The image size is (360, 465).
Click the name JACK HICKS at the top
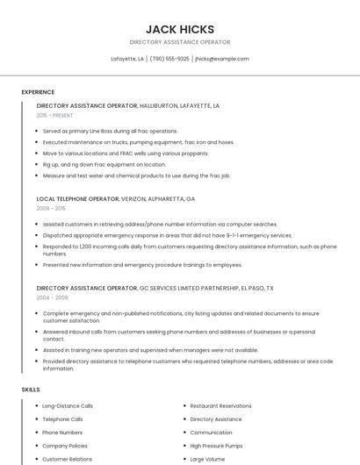[x=179, y=29]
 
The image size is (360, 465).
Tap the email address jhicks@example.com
[x=222, y=59]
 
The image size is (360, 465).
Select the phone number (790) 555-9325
[x=169, y=59]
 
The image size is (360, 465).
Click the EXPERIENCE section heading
[x=38, y=92]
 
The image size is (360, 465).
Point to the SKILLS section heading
[x=31, y=389]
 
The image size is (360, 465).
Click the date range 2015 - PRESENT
[x=54, y=115]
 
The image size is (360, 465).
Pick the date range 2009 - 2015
[x=51, y=208]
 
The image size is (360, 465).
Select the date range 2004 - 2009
[x=51, y=297]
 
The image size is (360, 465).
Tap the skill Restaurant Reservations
[x=220, y=406]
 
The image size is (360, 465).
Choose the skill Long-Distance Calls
[x=68, y=406]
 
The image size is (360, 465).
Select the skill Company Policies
[x=66, y=446]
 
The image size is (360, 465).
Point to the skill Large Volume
[x=208, y=459]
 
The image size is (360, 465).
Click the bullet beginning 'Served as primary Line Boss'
[x=110, y=131]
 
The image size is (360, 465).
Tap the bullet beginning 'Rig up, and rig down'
[x=104, y=164]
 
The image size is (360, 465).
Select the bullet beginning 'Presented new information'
[x=142, y=264]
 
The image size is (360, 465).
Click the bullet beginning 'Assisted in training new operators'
[x=150, y=349]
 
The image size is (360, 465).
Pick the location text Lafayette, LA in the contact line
[x=127, y=59]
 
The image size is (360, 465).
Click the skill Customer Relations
[x=67, y=459]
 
